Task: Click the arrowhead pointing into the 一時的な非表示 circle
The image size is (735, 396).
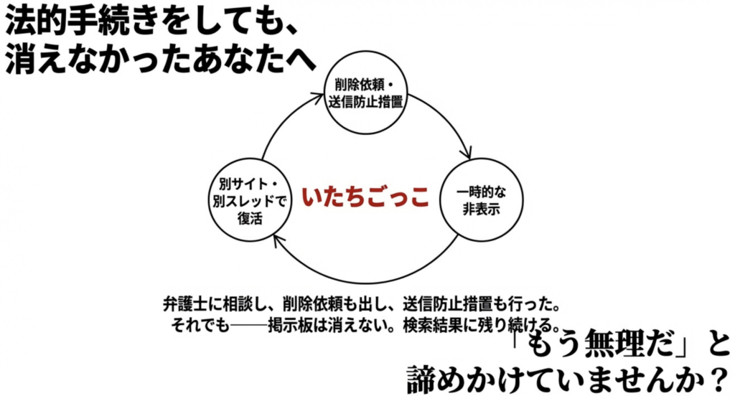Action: tap(467, 153)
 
